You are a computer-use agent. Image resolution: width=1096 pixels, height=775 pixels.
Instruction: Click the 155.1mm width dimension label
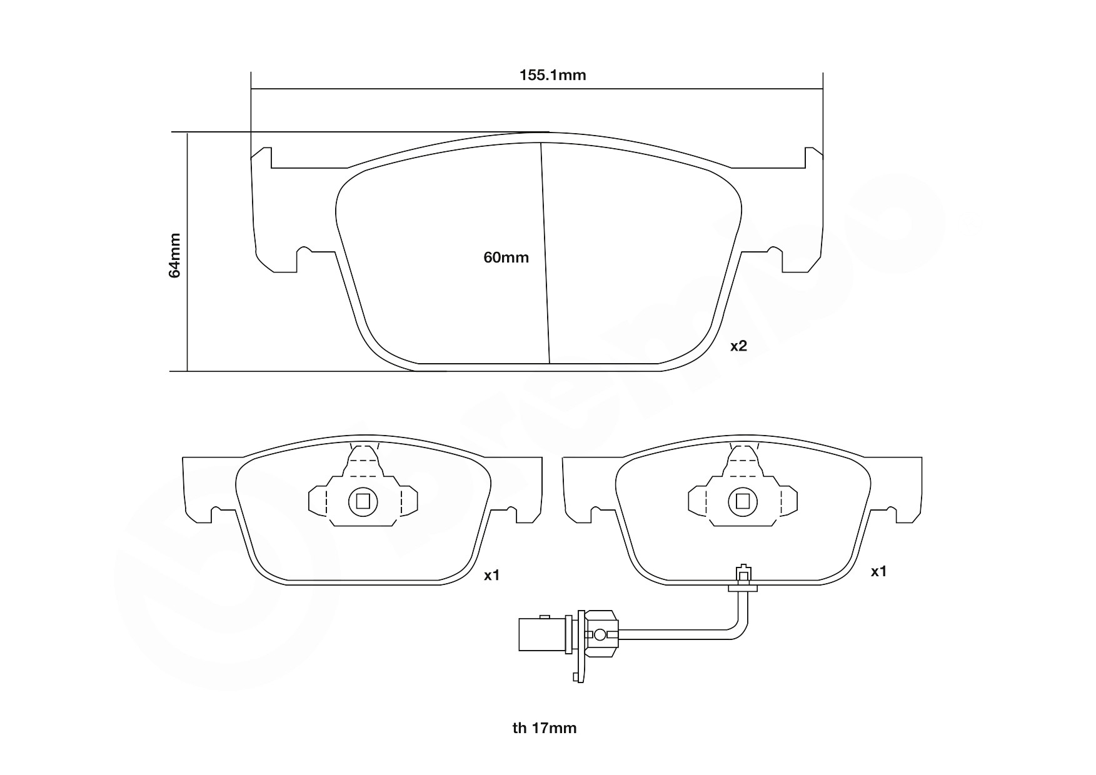[553, 76]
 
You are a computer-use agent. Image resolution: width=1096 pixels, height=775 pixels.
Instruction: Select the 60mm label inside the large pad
[506, 257]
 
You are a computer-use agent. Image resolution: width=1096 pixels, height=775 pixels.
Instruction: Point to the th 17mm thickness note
[544, 728]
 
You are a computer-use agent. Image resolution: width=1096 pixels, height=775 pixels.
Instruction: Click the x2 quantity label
[738, 346]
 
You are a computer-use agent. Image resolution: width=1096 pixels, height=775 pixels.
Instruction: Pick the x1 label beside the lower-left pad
[492, 575]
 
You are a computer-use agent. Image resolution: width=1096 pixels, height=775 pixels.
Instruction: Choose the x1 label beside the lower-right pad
[878, 571]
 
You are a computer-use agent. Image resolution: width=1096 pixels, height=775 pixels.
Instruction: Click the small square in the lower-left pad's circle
[363, 501]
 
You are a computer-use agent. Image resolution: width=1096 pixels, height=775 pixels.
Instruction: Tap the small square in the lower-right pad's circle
[743, 501]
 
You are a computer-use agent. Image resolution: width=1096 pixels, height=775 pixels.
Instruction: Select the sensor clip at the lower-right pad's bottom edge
[743, 578]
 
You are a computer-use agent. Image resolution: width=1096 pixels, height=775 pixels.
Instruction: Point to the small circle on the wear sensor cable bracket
[600, 635]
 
